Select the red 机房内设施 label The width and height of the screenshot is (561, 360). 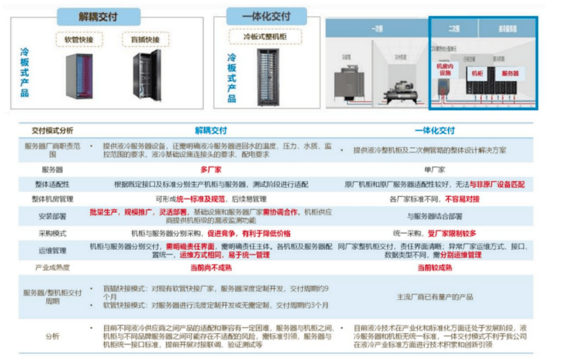[x=445, y=70]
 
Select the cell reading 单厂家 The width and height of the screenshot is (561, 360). [x=433, y=170]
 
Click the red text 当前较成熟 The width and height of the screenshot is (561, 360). [x=433, y=268]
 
